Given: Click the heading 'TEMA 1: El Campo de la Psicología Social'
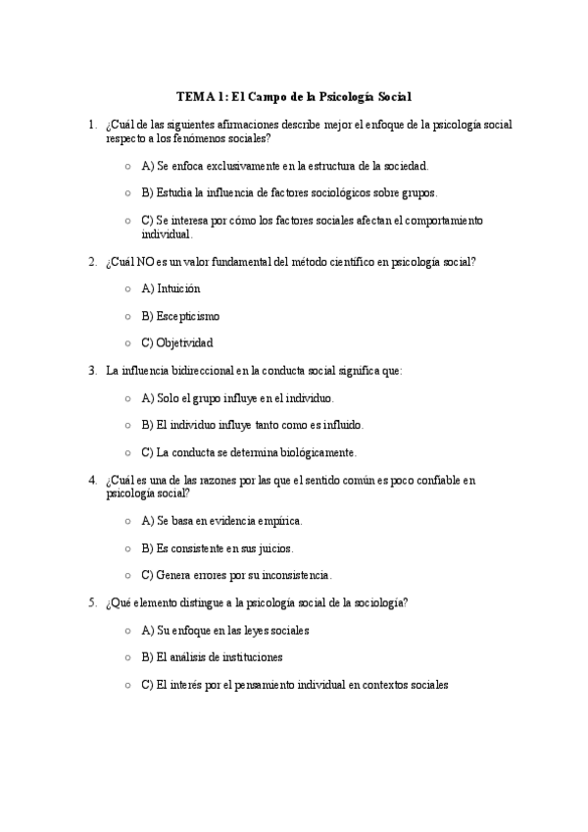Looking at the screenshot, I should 294,97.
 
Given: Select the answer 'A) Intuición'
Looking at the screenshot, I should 171,289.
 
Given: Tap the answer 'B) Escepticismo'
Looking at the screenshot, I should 180,317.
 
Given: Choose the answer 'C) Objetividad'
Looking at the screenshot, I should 177,343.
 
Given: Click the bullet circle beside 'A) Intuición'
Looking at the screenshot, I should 128,289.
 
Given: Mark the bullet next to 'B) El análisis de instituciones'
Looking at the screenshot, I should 128,658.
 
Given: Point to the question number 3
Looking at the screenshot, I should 92,371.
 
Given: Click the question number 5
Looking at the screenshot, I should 92,602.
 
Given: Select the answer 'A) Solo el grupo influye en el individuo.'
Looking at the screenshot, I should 238,398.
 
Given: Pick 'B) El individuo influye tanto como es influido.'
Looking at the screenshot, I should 253,426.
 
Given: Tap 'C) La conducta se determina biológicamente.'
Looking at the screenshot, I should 249,453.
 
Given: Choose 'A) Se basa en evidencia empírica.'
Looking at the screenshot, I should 221,520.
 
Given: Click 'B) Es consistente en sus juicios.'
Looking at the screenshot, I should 218,547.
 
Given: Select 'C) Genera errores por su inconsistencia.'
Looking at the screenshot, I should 237,575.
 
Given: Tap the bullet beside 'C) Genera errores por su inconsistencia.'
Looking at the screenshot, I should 128,575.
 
